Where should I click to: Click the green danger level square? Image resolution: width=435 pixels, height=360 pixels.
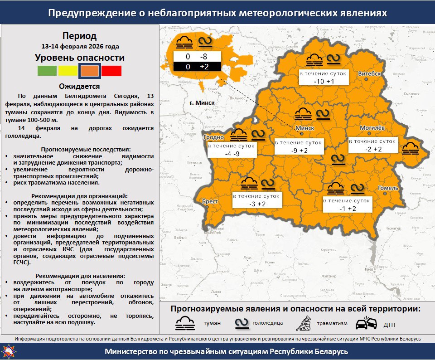(x=47, y=71)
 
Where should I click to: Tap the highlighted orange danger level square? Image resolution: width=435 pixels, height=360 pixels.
(x=90, y=71)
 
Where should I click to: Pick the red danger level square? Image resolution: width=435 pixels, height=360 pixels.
(x=111, y=71)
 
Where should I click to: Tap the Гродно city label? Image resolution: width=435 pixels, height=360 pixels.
(x=214, y=137)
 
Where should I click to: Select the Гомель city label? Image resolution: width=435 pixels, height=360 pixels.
(x=388, y=188)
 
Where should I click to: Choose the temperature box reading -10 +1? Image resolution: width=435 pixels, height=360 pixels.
(x=324, y=77)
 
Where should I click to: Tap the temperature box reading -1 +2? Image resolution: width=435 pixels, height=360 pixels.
(x=348, y=204)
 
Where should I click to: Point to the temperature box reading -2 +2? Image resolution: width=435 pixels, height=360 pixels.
(x=373, y=146)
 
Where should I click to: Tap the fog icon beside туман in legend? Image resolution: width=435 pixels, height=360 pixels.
(x=185, y=323)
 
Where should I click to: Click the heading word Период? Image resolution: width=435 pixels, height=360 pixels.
(x=79, y=36)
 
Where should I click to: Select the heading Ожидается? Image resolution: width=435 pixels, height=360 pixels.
(x=79, y=86)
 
